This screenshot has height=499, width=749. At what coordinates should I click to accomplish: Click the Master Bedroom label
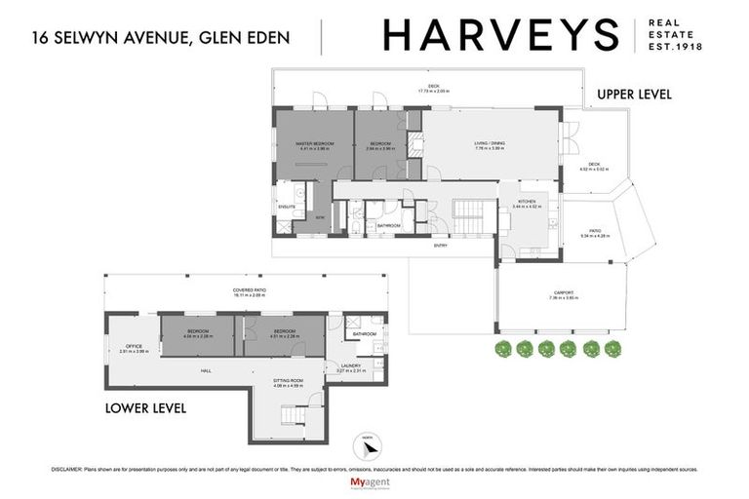[x=315, y=143]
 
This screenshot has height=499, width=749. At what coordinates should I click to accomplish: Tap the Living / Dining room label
[x=489, y=144]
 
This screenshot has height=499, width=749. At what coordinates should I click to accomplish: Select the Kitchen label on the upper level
[x=526, y=203]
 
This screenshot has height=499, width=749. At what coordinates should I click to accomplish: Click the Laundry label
[x=349, y=366]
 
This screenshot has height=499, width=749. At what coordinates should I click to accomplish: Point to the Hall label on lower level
[x=207, y=370]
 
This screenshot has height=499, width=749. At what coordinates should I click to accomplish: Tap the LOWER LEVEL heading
[x=145, y=406]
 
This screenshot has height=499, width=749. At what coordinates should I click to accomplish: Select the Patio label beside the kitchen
[x=593, y=232]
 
